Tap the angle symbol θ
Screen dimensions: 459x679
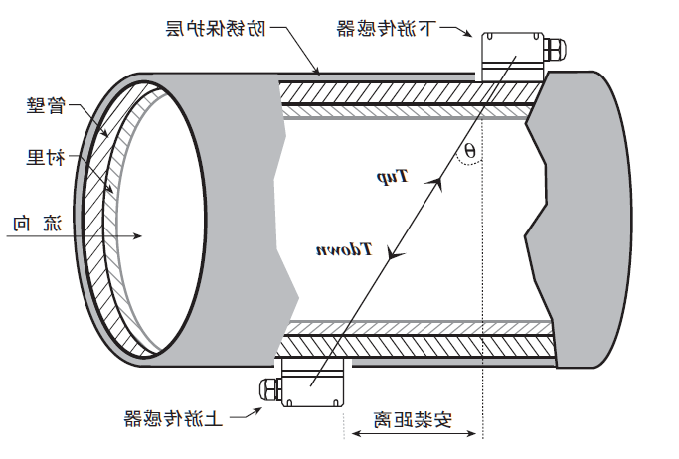click(x=470, y=152)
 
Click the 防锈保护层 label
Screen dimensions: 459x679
click(x=215, y=29)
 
